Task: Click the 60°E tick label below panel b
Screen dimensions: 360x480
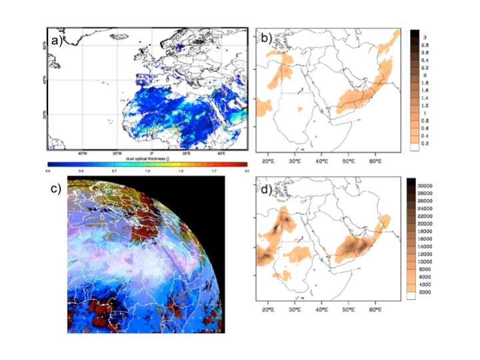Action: tap(375, 161)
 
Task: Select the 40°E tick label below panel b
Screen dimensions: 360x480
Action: tap(322, 161)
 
